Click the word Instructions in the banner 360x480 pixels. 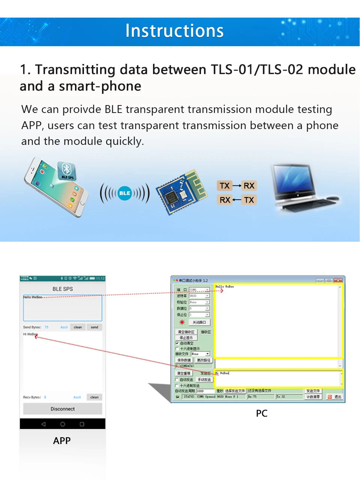[x=174, y=31]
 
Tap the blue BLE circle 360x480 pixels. [x=124, y=193]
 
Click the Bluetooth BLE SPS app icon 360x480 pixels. [x=67, y=171]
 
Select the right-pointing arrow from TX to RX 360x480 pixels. [x=237, y=186]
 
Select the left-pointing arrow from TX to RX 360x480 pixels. [x=237, y=200]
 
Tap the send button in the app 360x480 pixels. [x=94, y=327]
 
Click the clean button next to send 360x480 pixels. [x=78, y=327]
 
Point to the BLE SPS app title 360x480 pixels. [x=63, y=289]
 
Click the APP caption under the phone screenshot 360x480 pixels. [x=62, y=441]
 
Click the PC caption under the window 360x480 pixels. [x=262, y=414]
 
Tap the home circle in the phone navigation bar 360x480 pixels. [x=63, y=424]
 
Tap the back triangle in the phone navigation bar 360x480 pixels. [x=43, y=424]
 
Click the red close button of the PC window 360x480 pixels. [x=338, y=280]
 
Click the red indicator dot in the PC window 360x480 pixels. [x=182, y=322]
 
